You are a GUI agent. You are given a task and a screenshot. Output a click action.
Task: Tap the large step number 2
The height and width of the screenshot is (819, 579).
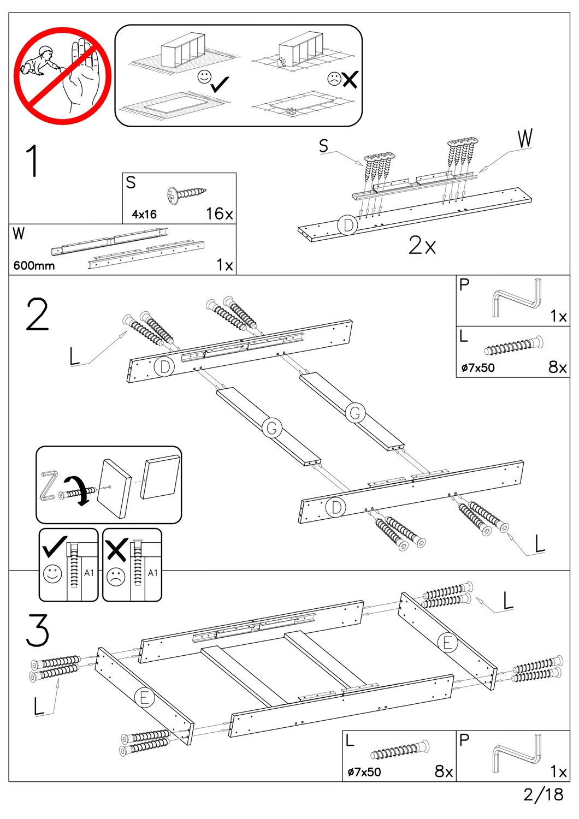click(37, 315)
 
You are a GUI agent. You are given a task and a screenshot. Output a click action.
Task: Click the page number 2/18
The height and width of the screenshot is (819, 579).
click(543, 794)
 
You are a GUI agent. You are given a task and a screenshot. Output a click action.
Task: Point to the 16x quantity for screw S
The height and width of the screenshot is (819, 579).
click(219, 213)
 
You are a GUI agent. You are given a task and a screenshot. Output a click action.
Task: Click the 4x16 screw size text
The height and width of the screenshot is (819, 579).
click(144, 215)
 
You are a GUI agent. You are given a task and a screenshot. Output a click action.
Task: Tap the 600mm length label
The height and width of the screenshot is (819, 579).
click(34, 266)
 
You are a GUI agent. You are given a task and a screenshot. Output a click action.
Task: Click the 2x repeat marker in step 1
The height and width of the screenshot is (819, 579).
click(422, 246)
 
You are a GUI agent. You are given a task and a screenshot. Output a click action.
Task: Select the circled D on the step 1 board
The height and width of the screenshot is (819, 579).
click(347, 225)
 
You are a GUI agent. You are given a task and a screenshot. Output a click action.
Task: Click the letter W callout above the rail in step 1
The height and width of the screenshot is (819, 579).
click(525, 139)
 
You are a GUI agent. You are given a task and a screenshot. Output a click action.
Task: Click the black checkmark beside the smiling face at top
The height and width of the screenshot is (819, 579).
click(220, 84)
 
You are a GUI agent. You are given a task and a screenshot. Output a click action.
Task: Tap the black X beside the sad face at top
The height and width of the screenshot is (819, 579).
click(350, 80)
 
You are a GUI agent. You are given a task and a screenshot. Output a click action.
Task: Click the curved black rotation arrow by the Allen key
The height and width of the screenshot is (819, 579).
click(76, 490)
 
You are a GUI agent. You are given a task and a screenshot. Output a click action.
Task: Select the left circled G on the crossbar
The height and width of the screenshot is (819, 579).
click(272, 428)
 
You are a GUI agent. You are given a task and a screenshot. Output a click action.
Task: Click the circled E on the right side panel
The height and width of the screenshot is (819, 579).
click(448, 643)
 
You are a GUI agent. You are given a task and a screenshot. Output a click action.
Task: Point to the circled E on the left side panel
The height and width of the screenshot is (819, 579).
click(144, 697)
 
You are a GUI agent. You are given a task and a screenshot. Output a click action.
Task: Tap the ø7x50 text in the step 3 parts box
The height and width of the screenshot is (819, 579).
click(364, 772)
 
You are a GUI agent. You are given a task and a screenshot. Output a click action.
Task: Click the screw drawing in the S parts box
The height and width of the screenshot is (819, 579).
click(187, 194)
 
